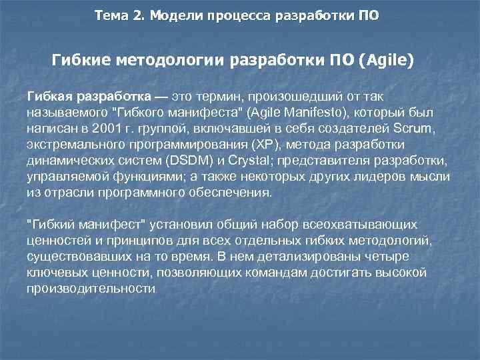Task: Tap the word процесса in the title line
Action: coord(241,15)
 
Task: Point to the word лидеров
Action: coord(387,177)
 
